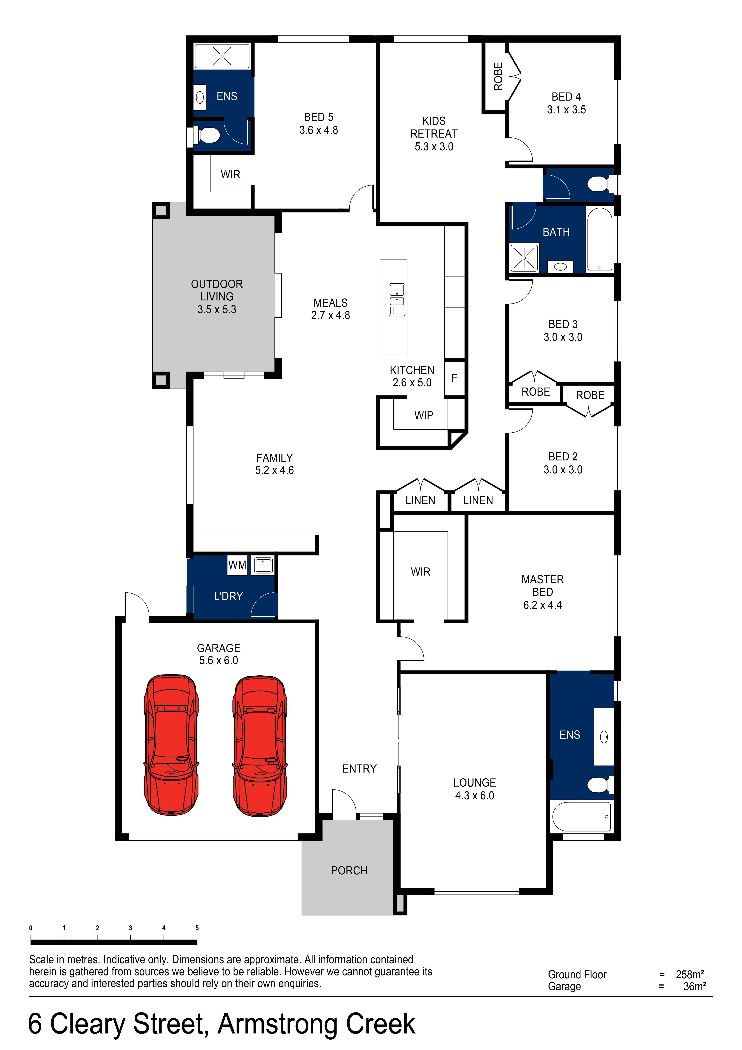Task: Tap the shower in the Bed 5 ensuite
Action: coord(222,56)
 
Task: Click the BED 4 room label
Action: coord(566,97)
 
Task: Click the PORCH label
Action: coord(349,870)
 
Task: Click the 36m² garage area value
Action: coord(694,986)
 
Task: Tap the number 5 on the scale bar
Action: coord(197,928)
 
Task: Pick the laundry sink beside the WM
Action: coord(263,565)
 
